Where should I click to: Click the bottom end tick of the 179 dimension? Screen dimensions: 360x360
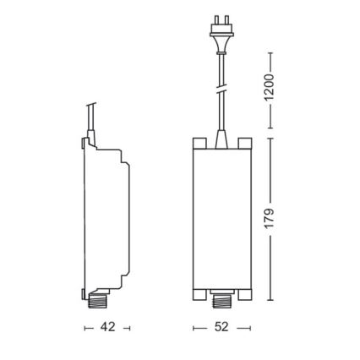[271, 301]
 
